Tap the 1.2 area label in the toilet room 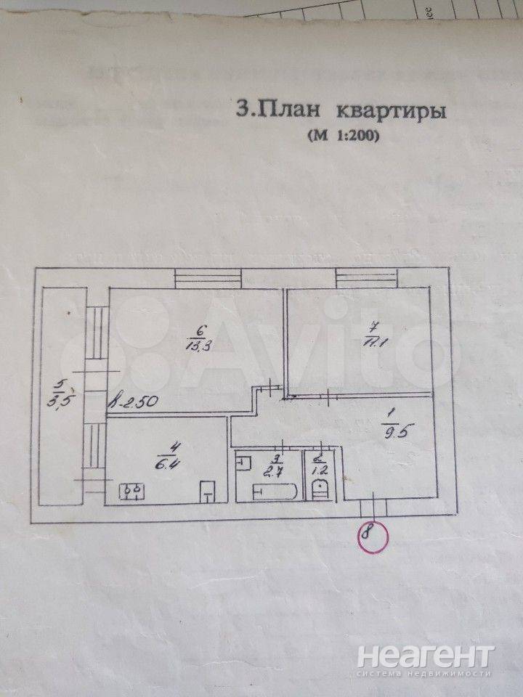point(317,467)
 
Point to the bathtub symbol point(275,492)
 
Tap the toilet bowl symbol point(318,491)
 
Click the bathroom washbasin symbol point(244,461)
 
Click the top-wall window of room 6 point(208,278)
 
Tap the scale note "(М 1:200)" point(344,135)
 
